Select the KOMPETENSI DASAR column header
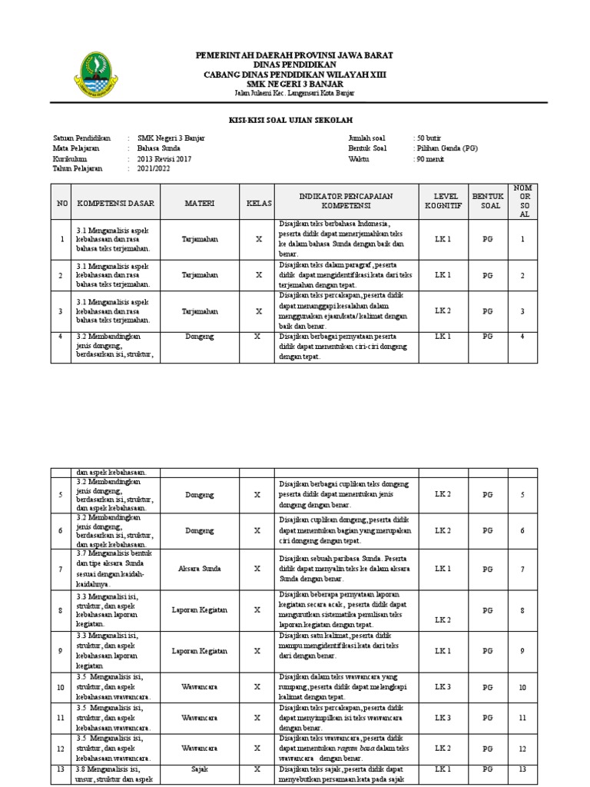pyautogui.click(x=116, y=204)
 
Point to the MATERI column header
pyautogui.click(x=199, y=204)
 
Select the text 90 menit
pyautogui.click(x=429, y=158)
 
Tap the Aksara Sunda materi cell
pyautogui.click(x=199, y=569)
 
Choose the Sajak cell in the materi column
pyautogui.click(x=199, y=767)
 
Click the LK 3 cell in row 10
pyautogui.click(x=442, y=687)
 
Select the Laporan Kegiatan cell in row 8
pyautogui.click(x=199, y=610)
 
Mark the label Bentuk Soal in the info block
pyautogui.click(x=367, y=148)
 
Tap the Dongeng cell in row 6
pyautogui.click(x=199, y=530)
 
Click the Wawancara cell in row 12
pyautogui.click(x=199, y=747)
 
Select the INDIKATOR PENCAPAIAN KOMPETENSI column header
pyautogui.click(x=346, y=201)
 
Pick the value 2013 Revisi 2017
pyautogui.click(x=164, y=158)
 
